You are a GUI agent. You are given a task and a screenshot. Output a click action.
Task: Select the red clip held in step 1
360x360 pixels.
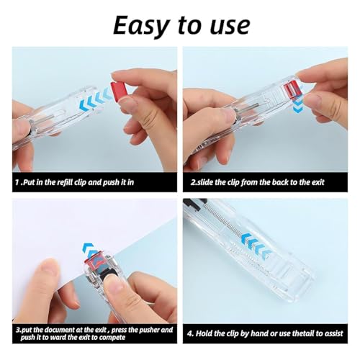[119, 91]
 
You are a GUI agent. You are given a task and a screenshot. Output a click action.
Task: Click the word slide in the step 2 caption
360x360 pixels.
[209, 181]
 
